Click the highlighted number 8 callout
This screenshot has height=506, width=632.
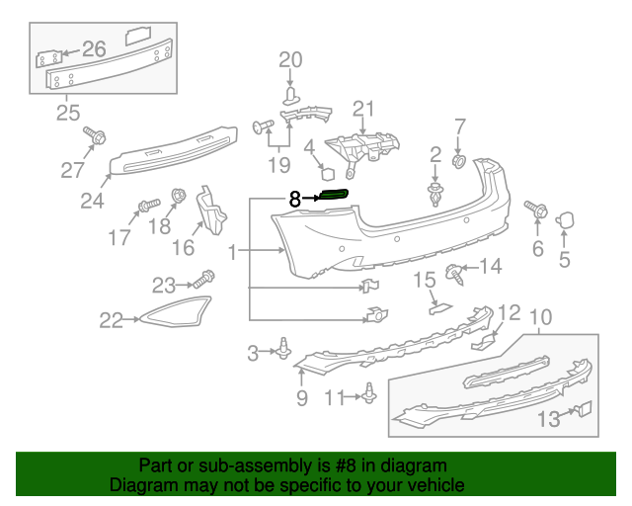point(294,198)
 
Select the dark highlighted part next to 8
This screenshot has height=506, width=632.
point(334,197)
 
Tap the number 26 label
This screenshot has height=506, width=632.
point(94,48)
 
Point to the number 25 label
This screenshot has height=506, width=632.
point(67,113)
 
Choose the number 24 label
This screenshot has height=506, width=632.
point(92,201)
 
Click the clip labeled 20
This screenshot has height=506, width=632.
point(290,95)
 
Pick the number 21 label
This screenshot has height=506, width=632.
point(364,109)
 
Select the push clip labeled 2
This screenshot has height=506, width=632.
point(434,190)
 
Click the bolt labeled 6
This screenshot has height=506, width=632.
point(539,210)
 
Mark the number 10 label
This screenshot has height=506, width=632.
point(541,317)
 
